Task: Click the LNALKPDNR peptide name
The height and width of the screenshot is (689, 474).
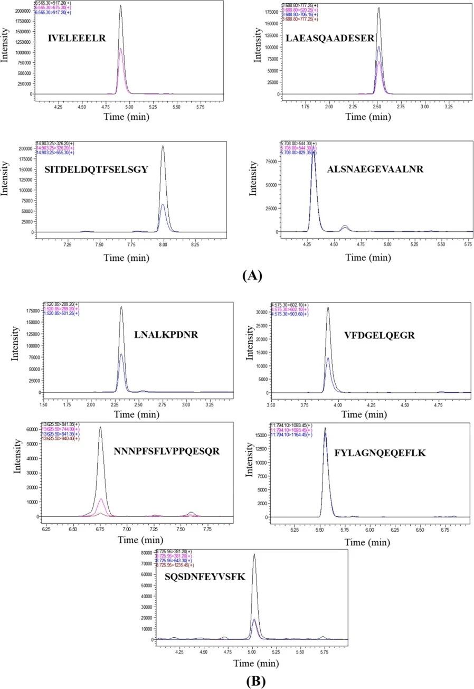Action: pyautogui.click(x=166, y=334)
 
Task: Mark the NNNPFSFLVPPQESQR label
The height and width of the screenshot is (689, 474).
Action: pyautogui.click(x=166, y=451)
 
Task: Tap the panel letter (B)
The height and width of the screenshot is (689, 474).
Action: pyautogui.click(x=255, y=681)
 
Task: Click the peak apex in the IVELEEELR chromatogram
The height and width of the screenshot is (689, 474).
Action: pyautogui.click(x=121, y=6)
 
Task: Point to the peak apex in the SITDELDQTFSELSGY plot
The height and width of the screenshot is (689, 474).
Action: pyautogui.click(x=163, y=146)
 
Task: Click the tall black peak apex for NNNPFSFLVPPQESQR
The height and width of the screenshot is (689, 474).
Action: pyautogui.click(x=100, y=428)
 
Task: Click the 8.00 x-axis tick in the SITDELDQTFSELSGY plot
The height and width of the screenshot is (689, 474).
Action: pyautogui.click(x=163, y=246)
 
